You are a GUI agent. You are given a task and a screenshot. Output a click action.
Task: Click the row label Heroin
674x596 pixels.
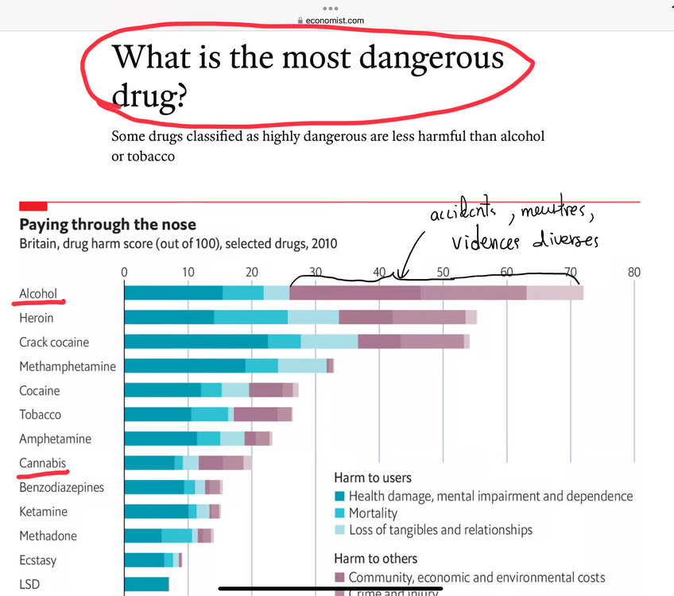(37, 318)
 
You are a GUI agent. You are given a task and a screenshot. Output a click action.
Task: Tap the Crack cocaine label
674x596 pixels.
(54, 343)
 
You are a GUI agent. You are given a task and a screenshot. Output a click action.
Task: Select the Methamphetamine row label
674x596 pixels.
(68, 366)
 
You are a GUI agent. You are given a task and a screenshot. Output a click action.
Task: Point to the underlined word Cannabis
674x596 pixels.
(43, 463)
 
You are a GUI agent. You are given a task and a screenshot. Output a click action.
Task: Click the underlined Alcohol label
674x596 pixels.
(38, 293)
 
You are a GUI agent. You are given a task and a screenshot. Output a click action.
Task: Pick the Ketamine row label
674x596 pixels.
(43, 512)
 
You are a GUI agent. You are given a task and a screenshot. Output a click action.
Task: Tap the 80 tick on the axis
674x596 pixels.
(633, 272)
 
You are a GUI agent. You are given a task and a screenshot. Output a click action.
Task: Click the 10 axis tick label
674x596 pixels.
(188, 272)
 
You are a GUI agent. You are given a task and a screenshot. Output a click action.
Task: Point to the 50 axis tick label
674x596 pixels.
(443, 272)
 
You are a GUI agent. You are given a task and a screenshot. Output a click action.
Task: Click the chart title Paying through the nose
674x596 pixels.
(107, 225)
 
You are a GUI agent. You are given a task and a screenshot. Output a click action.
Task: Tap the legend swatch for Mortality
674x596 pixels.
(339, 514)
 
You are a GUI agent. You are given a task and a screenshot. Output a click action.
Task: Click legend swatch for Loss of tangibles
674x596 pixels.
(339, 530)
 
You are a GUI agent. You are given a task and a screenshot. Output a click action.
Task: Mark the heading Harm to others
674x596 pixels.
(375, 558)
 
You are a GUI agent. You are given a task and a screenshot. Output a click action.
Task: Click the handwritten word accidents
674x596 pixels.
(462, 214)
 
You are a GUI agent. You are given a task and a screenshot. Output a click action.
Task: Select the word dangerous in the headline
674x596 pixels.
(426, 57)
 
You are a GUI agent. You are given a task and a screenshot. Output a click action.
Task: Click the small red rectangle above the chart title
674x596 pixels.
(33, 206)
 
